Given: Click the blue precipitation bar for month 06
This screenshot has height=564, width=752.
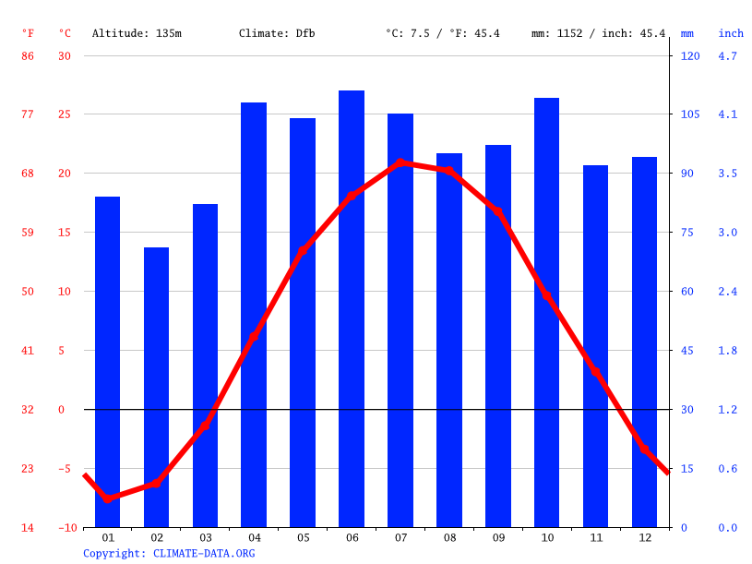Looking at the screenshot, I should point(352,308).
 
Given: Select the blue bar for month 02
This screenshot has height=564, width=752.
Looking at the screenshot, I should point(156,387).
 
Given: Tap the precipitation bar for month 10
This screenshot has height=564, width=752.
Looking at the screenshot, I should point(546,312).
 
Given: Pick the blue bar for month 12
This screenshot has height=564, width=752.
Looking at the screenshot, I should point(644,342).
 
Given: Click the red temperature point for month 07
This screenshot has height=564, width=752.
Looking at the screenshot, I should point(400,162).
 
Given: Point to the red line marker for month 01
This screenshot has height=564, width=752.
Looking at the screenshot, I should point(108,498).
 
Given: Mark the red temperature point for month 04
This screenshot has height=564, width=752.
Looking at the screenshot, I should point(254,337).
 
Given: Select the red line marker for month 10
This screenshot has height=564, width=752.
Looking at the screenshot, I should point(546,296).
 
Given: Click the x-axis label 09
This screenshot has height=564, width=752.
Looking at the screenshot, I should point(498,537).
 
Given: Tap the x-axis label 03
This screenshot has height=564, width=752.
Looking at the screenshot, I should point(205,537).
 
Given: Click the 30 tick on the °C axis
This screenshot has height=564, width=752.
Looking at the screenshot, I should point(65,55).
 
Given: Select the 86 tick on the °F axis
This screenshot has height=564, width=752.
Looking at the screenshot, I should point(28,55).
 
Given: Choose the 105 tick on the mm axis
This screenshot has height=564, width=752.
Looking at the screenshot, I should point(690,114).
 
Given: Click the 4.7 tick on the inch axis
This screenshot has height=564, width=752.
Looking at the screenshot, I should point(727,55).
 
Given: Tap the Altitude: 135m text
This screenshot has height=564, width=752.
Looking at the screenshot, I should point(137,33).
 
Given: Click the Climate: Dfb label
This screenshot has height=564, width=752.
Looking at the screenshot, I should point(277,33).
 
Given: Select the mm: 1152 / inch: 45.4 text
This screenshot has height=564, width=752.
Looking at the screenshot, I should point(598,33).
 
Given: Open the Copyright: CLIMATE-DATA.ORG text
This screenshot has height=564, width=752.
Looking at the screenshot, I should point(169,553).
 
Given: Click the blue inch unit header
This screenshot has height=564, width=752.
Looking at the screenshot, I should point(731,33).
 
